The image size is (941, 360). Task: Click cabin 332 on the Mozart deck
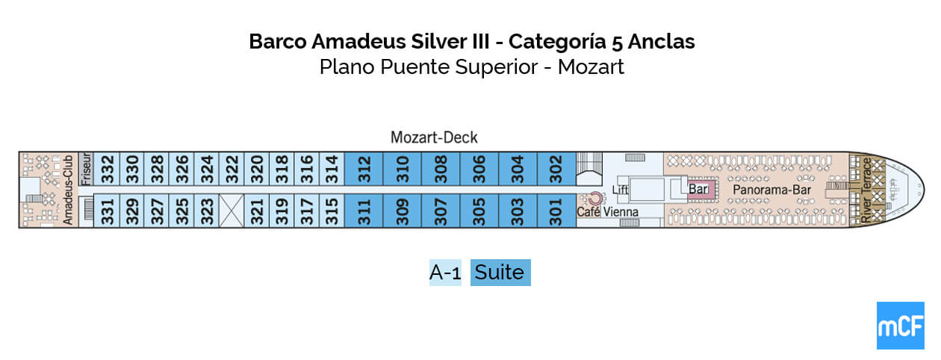point(108,170)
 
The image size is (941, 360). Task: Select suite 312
point(364,170)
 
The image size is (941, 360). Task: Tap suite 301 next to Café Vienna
point(555,211)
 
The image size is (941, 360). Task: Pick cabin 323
point(208,211)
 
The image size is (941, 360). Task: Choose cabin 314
point(332,170)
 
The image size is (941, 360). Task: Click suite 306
point(479,170)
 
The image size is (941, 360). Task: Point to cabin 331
point(108,211)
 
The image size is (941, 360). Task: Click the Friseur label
point(84,170)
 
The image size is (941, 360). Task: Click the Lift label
point(620,190)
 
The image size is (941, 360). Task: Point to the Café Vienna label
point(607,212)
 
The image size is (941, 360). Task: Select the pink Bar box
point(698,190)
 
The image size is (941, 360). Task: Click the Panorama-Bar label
point(763,190)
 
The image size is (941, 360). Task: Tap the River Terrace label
point(867,190)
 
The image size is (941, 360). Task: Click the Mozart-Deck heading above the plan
point(434,137)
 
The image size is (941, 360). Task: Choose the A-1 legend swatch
point(445,273)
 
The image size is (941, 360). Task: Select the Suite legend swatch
point(500,273)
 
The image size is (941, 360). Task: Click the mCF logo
point(900,326)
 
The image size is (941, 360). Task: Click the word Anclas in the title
point(662,41)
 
